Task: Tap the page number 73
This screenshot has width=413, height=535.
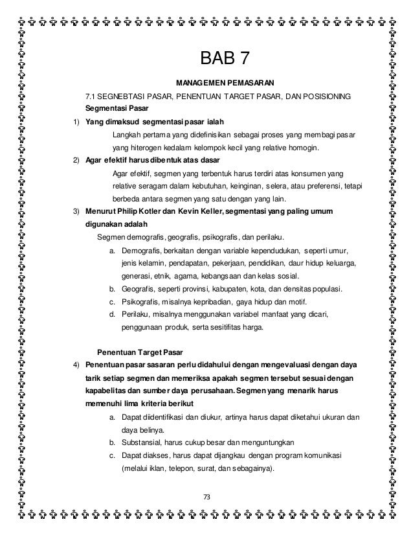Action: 207,496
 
